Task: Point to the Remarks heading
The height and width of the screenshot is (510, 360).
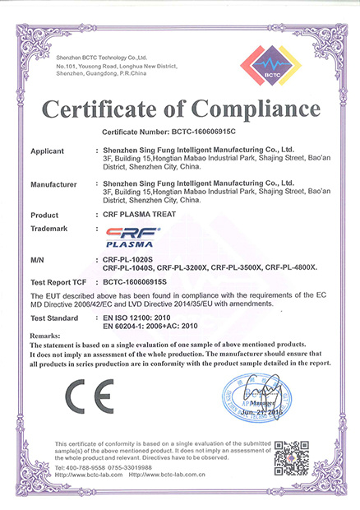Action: coord(45,337)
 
